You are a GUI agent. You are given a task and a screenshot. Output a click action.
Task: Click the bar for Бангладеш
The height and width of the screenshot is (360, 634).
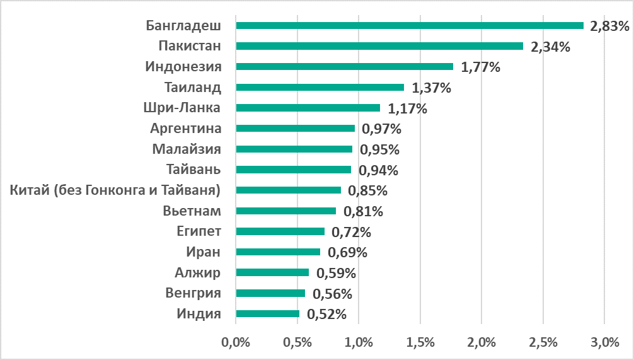click(410, 25)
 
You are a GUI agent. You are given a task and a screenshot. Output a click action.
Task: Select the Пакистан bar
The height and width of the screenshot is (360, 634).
click(379, 46)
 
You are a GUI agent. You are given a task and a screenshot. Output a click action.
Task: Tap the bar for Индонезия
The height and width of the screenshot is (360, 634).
click(344, 66)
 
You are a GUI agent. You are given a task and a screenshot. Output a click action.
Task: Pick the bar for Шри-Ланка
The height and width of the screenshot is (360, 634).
click(308, 108)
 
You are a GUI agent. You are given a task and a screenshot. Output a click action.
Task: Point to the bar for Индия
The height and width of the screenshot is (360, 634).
click(267, 313)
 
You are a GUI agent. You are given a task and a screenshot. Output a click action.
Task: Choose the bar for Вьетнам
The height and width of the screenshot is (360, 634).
click(285, 211)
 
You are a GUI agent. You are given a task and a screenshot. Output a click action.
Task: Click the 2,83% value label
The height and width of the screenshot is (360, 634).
click(609, 26)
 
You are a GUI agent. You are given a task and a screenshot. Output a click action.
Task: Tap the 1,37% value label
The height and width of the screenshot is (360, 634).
click(431, 88)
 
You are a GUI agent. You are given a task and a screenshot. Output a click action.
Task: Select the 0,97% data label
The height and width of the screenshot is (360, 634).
click(382, 129)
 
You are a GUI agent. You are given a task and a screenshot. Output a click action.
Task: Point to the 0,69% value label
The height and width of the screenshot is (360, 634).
click(347, 253)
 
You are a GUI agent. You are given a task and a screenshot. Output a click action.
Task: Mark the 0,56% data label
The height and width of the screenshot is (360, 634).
click(332, 294)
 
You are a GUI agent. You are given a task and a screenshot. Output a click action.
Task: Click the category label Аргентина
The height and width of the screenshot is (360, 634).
click(186, 129)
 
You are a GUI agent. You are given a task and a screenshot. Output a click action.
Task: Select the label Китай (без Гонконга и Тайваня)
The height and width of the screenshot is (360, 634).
click(116, 190)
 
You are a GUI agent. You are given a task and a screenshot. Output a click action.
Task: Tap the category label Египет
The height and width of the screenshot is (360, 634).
click(199, 231)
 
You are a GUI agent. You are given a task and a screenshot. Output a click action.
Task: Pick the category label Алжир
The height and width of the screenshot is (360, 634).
click(198, 272)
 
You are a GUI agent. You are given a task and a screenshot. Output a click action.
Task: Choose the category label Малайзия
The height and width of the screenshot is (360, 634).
click(187, 149)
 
